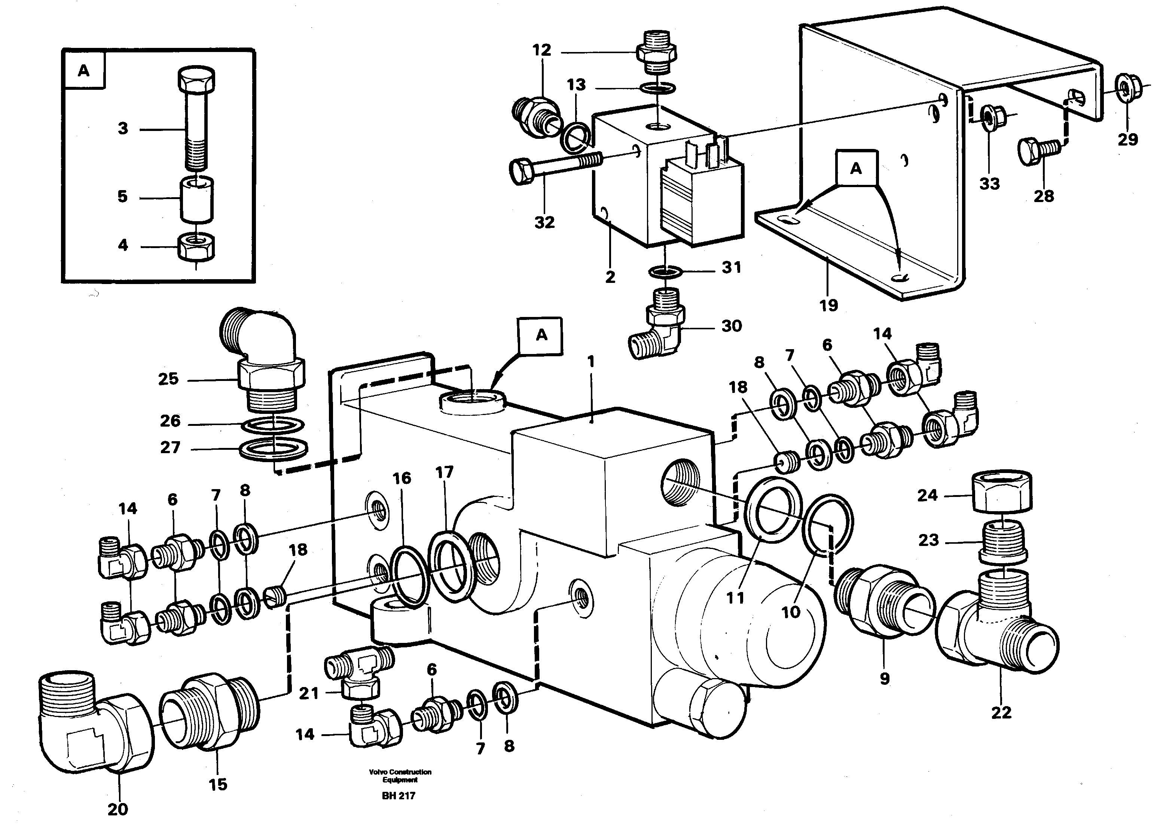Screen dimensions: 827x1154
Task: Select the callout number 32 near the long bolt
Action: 544,222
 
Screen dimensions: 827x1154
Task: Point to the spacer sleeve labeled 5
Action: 196,198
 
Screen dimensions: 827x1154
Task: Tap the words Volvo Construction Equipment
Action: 400,776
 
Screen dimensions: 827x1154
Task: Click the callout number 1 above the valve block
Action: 591,362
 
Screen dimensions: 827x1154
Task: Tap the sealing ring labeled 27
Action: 273,450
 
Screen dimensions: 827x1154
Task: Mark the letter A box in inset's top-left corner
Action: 84,70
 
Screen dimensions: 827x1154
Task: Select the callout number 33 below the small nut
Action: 989,184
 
